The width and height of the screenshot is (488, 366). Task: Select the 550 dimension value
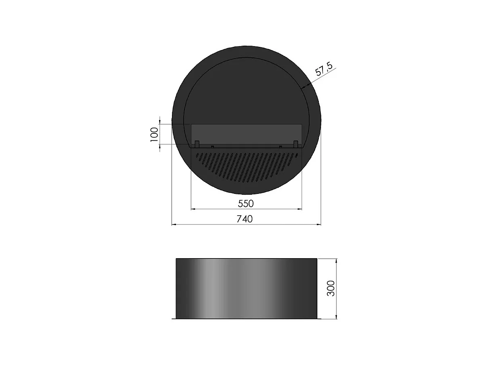click(245, 203)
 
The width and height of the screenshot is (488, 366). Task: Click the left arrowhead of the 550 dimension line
click(193, 209)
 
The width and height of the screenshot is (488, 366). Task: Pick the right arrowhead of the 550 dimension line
click(300, 209)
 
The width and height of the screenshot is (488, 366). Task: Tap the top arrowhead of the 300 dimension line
click(336, 261)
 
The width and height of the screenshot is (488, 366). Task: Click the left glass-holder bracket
click(197, 144)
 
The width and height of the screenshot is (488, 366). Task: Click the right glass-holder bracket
click(295, 144)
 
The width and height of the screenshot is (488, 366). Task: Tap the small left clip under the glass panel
click(212, 146)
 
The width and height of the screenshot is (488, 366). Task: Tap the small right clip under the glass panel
click(280, 146)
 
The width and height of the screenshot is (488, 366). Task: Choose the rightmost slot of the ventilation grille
click(296, 155)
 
